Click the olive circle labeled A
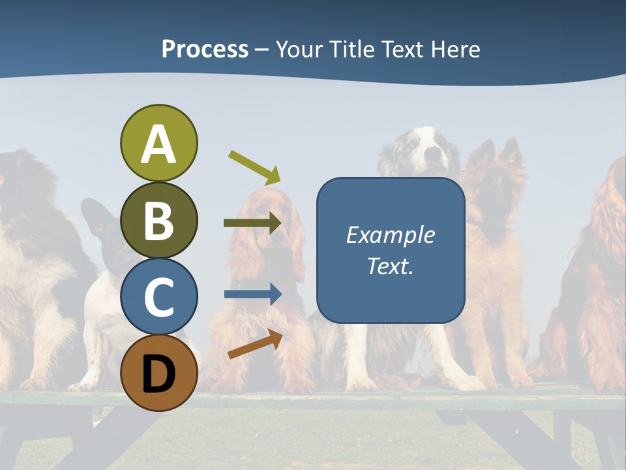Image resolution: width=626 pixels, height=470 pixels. point(158,143)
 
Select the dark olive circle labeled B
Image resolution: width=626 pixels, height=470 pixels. point(158,220)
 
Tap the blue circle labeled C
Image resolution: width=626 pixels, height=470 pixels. point(158,296)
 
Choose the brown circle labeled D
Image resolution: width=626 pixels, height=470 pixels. point(158,373)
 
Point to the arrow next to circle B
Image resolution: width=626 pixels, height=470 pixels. point(252,223)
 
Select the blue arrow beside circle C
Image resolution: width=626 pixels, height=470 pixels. point(252,294)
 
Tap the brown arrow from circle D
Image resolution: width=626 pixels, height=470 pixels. point(255,344)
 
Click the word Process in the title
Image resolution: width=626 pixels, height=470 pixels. point(205,49)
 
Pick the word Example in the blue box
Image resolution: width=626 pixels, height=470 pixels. point(390,235)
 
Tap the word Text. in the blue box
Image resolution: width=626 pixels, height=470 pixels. point(390,266)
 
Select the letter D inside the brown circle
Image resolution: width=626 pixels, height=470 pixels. point(158,373)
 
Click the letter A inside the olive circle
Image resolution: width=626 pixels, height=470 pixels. point(158,144)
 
